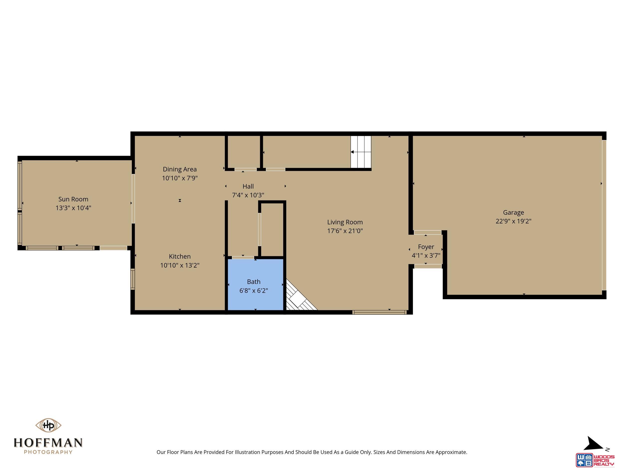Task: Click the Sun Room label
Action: pyautogui.click(x=73, y=199)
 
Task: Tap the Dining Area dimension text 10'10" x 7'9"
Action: pyautogui.click(x=180, y=178)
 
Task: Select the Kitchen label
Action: pyautogui.click(x=180, y=256)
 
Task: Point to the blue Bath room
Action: pyautogui.click(x=255, y=284)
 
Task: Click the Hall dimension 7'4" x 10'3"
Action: pyautogui.click(x=248, y=195)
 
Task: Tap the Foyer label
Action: pyautogui.click(x=426, y=247)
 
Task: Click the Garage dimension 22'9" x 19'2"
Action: pyautogui.click(x=513, y=221)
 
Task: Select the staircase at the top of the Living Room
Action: pyautogui.click(x=361, y=152)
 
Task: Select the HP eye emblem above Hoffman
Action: pyautogui.click(x=48, y=425)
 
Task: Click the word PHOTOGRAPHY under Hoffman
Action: pyautogui.click(x=48, y=452)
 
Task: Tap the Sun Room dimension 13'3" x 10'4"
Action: pyautogui.click(x=73, y=208)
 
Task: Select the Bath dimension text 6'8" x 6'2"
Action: pyautogui.click(x=254, y=291)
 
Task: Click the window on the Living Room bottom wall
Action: pyautogui.click(x=379, y=312)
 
